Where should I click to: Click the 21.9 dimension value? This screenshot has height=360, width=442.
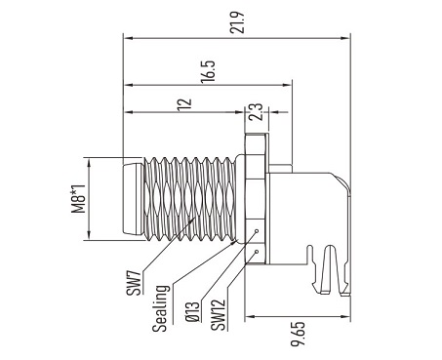coord(236,22)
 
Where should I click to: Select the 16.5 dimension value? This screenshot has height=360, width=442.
coord(208,72)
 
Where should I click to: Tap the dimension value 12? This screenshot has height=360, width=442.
coord(185,104)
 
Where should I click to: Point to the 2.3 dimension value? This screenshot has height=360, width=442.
coord(256,112)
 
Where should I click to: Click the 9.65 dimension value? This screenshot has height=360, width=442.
coord(298,334)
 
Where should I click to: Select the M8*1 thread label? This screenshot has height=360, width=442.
coord(78,199)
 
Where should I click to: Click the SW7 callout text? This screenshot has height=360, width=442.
coord(135,283)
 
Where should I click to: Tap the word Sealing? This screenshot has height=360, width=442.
coord(161,308)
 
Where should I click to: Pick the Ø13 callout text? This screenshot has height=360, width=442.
coord(192,311)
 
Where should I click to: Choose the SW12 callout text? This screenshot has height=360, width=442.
coord(218,315)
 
